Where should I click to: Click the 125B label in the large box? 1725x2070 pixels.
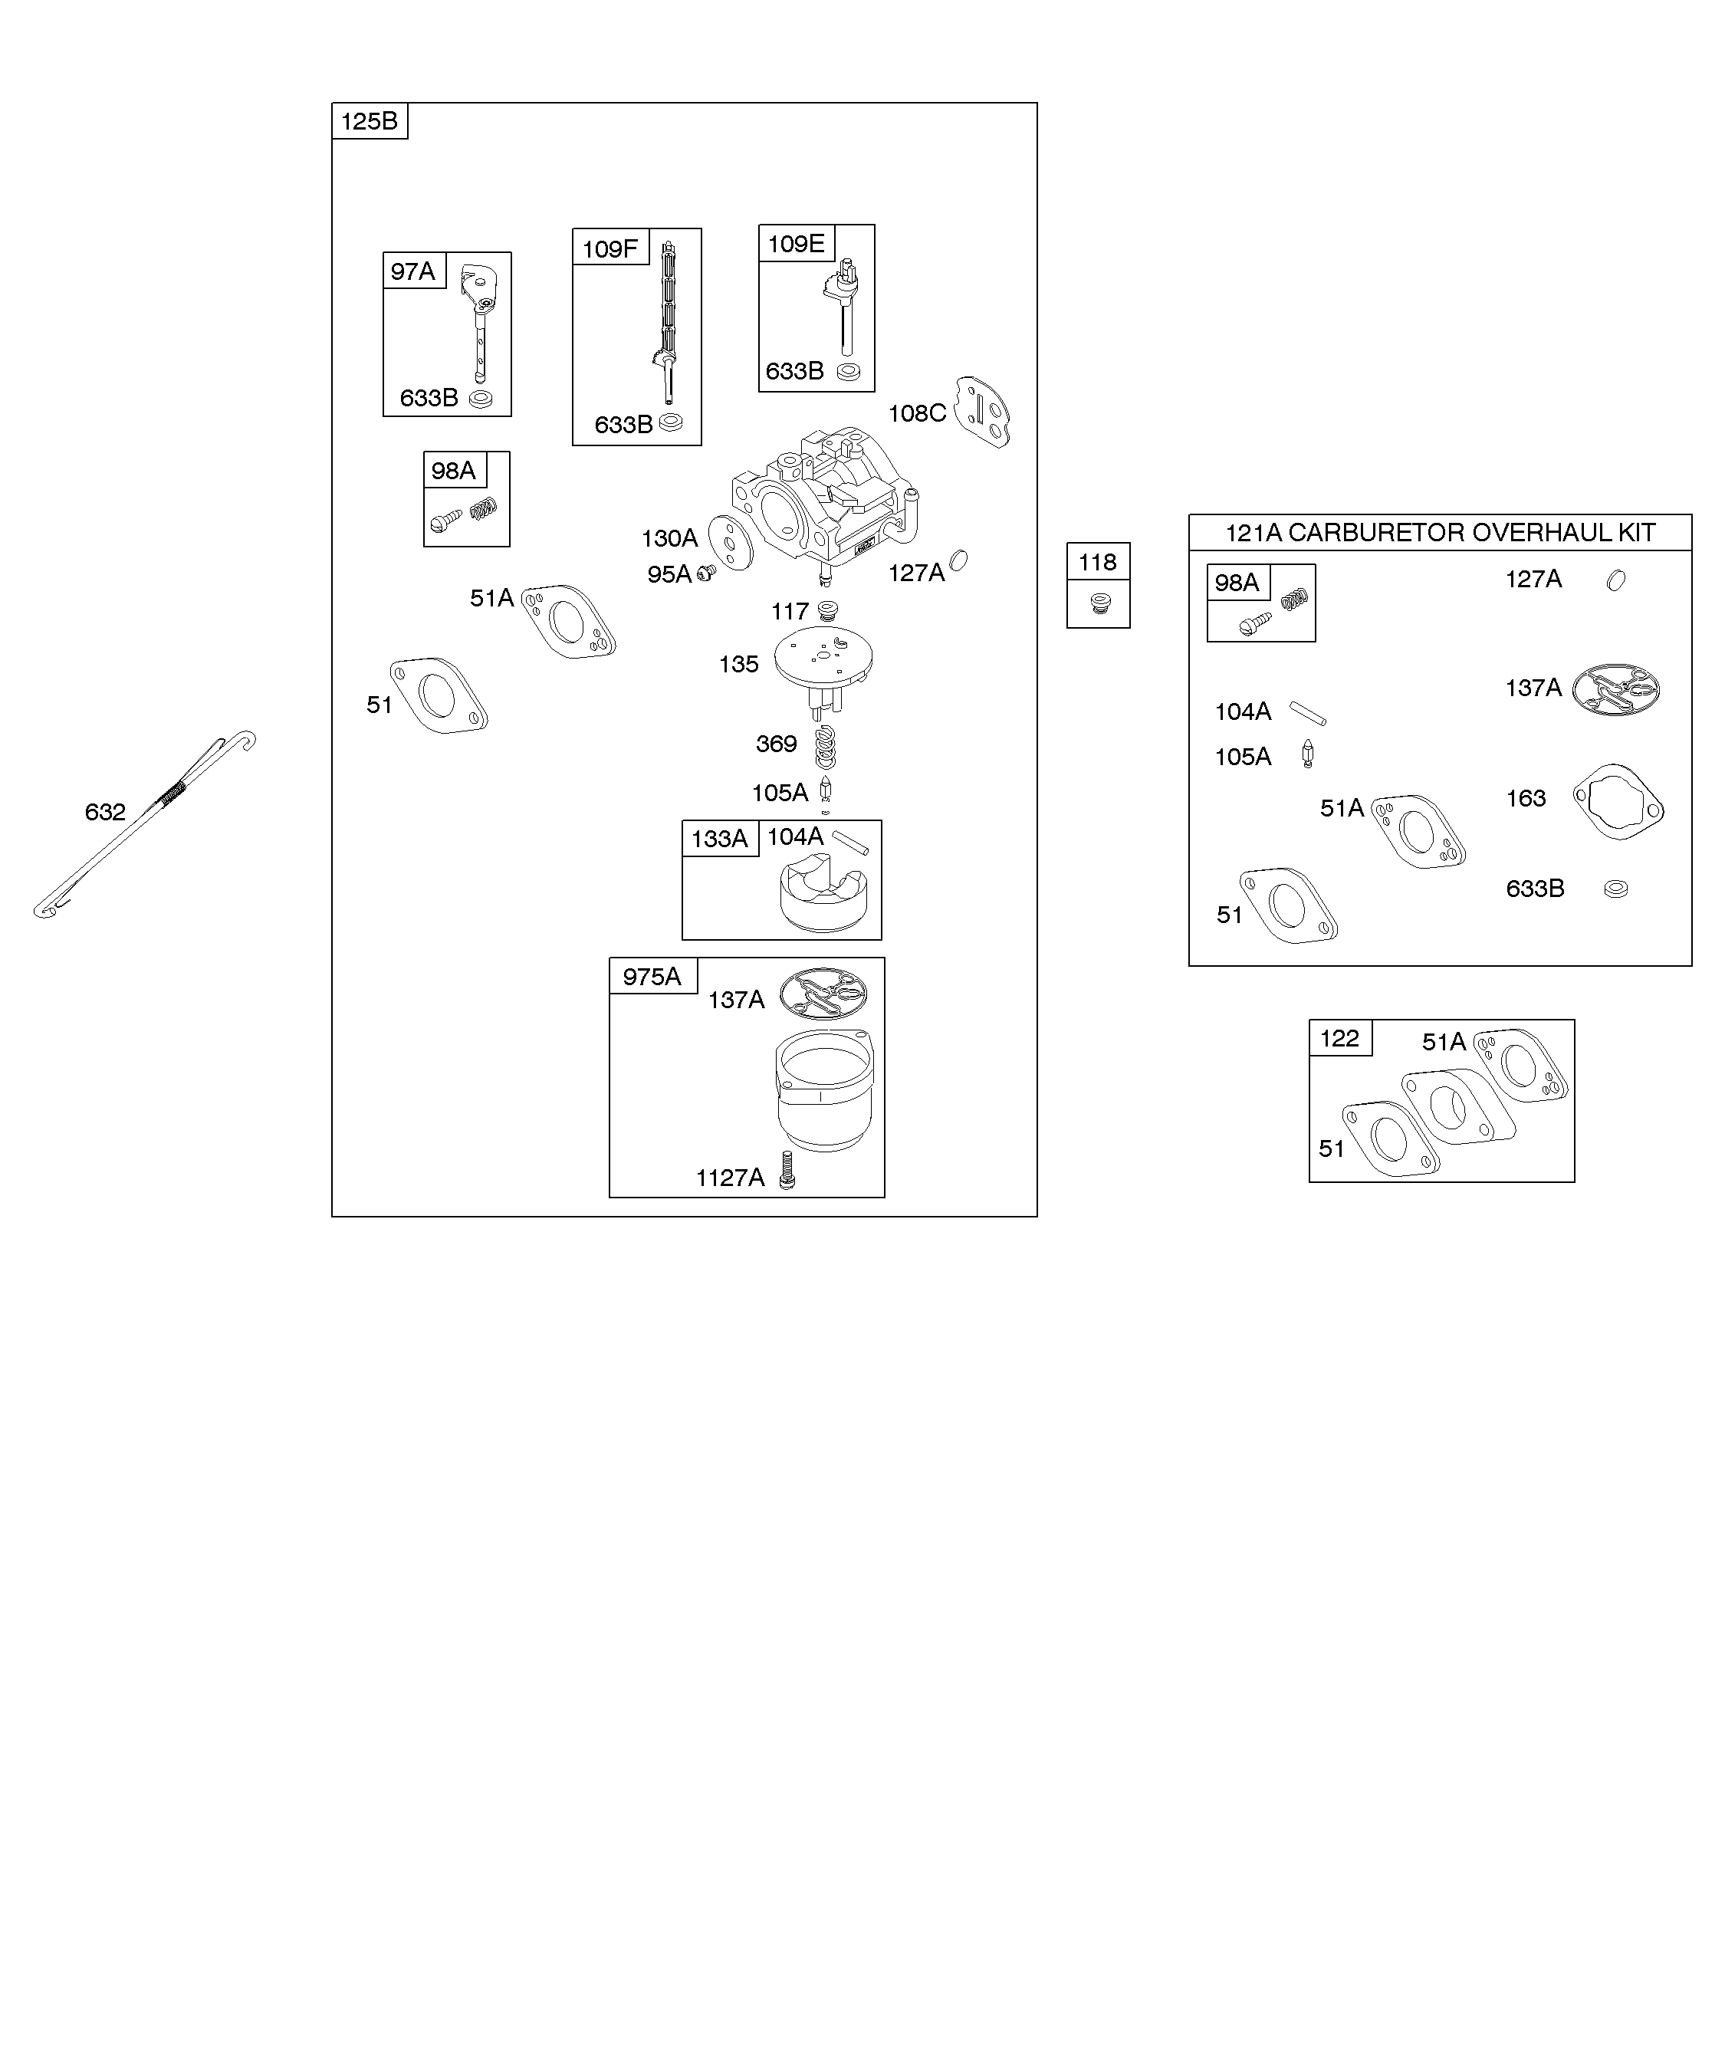(370, 121)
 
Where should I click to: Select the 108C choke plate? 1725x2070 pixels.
(982, 412)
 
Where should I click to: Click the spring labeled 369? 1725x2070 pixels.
(825, 746)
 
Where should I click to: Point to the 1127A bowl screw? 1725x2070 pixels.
(787, 1170)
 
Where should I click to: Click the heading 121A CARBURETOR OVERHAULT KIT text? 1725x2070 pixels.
(1440, 532)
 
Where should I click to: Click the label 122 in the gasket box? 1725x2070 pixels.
(1339, 1038)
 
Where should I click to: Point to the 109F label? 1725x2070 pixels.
(610, 248)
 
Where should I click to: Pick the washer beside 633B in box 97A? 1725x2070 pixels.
(481, 399)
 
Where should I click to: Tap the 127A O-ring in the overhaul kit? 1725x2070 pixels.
(1615, 580)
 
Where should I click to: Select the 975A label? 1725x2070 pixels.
(652, 976)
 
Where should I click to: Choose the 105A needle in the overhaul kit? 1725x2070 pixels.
(1308, 754)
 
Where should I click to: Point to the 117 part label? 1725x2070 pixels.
(790, 611)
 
